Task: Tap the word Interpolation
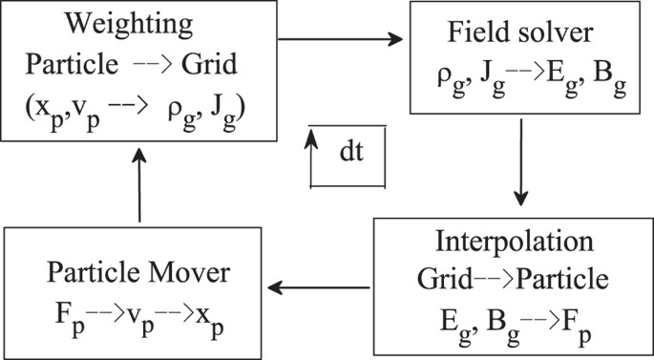(510, 239)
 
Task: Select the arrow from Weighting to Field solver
(339, 40)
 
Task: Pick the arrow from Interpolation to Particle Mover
(319, 286)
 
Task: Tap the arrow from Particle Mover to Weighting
(140, 187)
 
